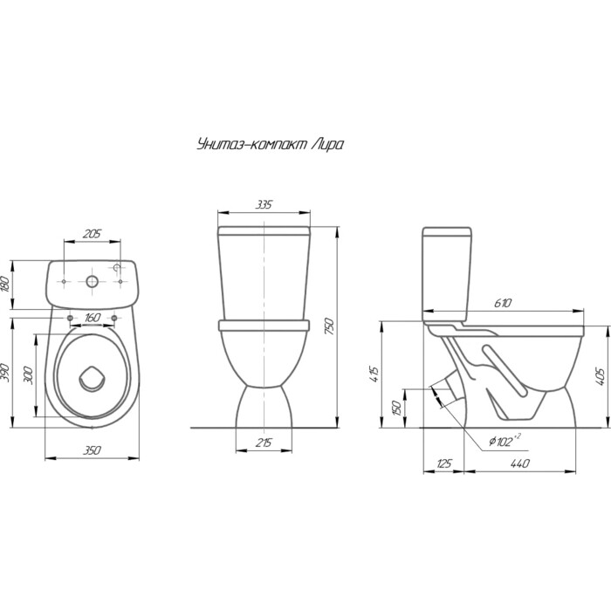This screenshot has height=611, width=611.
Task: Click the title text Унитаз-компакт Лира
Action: click(x=271, y=145)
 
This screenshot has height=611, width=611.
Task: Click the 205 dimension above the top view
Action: click(x=92, y=234)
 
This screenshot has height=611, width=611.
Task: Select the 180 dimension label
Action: click(x=4, y=284)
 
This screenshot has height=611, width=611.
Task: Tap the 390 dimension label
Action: click(x=4, y=373)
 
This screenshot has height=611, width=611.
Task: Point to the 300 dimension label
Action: click(x=29, y=374)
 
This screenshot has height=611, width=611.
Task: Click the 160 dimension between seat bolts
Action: click(x=93, y=318)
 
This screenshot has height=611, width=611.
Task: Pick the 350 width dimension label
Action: click(x=92, y=450)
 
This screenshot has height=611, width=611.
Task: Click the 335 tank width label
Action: click(x=264, y=204)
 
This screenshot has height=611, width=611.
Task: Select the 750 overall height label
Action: click(x=330, y=327)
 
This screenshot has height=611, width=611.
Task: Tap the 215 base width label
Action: click(x=264, y=443)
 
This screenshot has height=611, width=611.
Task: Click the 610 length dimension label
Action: click(x=503, y=303)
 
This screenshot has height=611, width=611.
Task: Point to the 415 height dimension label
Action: click(x=374, y=374)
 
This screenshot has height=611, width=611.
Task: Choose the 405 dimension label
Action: click(x=601, y=377)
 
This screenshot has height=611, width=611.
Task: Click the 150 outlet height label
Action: click(x=397, y=408)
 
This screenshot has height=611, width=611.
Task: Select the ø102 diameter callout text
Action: click(x=505, y=440)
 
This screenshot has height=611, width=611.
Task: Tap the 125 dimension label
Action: click(x=444, y=463)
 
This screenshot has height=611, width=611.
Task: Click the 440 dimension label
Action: click(x=520, y=463)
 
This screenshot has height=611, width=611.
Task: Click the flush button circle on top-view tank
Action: click(x=92, y=281)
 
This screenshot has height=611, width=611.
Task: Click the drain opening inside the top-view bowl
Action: click(x=92, y=379)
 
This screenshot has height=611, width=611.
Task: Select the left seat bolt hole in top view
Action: click(x=70, y=319)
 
